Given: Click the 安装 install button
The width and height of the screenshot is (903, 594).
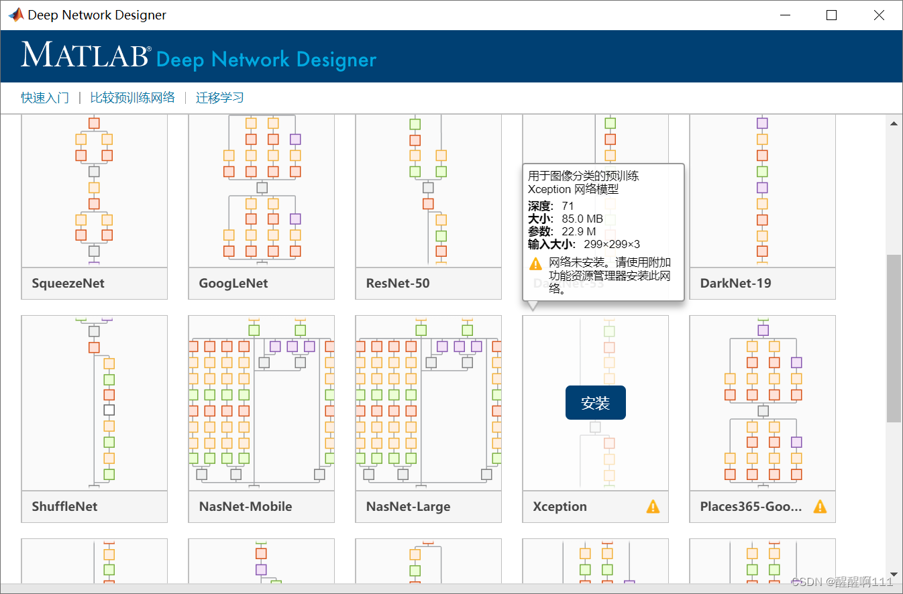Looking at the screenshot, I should pyautogui.click(x=595, y=403).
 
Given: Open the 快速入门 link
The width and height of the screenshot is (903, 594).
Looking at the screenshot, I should pyautogui.click(x=45, y=98).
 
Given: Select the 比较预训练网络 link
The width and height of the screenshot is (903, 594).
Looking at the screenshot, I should pyautogui.click(x=132, y=98).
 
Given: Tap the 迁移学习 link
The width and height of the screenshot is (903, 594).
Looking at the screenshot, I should pyautogui.click(x=219, y=98).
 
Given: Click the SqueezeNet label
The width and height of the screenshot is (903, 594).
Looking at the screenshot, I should pyautogui.click(x=68, y=284).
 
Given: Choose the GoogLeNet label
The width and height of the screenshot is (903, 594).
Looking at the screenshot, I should pyautogui.click(x=233, y=284).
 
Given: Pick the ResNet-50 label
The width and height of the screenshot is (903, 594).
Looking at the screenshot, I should pyautogui.click(x=398, y=284).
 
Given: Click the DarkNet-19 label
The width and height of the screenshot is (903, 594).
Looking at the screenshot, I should pyautogui.click(x=735, y=284).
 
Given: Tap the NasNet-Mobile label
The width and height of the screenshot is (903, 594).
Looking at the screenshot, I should pyautogui.click(x=246, y=507).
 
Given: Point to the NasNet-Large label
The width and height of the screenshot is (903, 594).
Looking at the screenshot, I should pyautogui.click(x=408, y=507).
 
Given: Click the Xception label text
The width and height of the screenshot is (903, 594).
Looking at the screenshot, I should pyautogui.click(x=560, y=507).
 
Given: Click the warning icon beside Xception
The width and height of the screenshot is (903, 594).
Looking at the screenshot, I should pyautogui.click(x=653, y=507).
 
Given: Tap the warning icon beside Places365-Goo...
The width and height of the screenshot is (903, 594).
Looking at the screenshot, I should pyautogui.click(x=820, y=507).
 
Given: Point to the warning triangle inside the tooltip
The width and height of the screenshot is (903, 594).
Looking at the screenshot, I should pyautogui.click(x=535, y=263).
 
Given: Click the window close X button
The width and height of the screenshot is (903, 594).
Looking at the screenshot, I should pyautogui.click(x=879, y=15).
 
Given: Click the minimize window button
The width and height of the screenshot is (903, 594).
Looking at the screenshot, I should pyautogui.click(x=785, y=15).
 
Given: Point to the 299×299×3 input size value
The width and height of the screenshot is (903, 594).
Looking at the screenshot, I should pyautogui.click(x=611, y=244).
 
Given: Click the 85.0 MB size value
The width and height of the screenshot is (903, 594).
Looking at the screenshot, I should pyautogui.click(x=582, y=219).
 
